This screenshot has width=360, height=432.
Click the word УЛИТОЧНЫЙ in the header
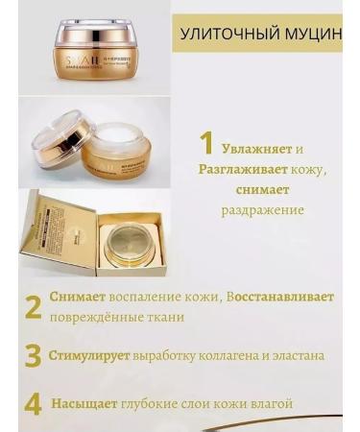click(x=224, y=35)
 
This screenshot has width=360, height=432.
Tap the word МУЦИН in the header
click(x=313, y=35)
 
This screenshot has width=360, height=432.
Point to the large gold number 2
click(x=33, y=306)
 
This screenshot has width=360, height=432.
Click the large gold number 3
click(x=33, y=355)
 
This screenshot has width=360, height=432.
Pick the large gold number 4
click(x=33, y=403)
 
